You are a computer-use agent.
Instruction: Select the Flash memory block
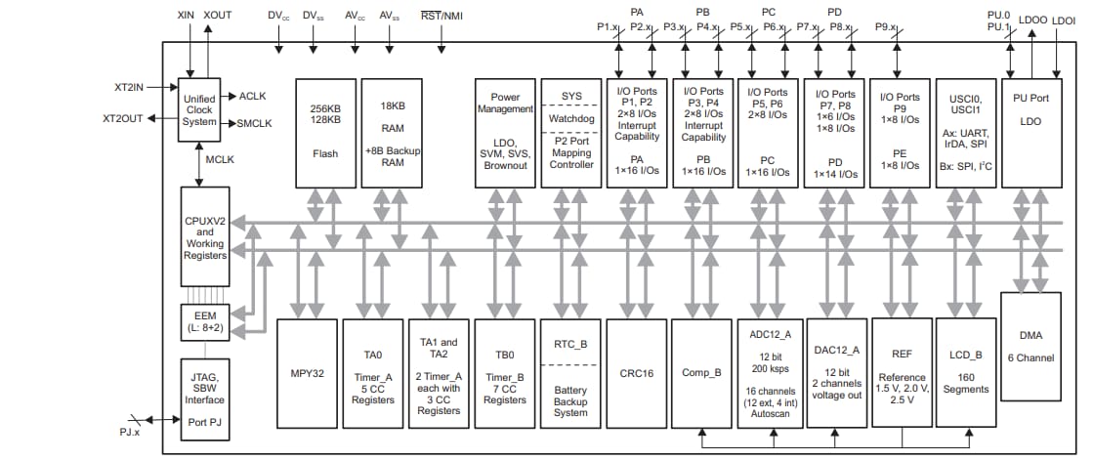pyautogui.click(x=325, y=133)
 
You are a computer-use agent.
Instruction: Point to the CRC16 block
pyautogui.click(x=635, y=372)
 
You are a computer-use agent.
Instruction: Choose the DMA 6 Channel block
pyautogui.click(x=1030, y=346)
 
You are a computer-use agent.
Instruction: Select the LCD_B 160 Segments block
pyautogui.click(x=963, y=372)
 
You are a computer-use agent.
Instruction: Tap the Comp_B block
pyautogui.click(x=700, y=372)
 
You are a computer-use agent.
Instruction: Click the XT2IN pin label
pyautogui.click(x=130, y=87)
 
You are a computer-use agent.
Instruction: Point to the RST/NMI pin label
pyautogui.click(x=441, y=16)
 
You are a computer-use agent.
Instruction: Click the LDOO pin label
pyautogui.click(x=1032, y=17)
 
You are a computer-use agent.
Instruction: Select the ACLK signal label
pyautogui.click(x=252, y=96)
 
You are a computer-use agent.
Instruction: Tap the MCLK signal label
pyautogui.click(x=219, y=160)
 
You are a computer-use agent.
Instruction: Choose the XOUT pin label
pyautogui.click(x=218, y=17)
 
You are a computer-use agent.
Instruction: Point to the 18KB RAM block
pyautogui.click(x=391, y=133)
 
